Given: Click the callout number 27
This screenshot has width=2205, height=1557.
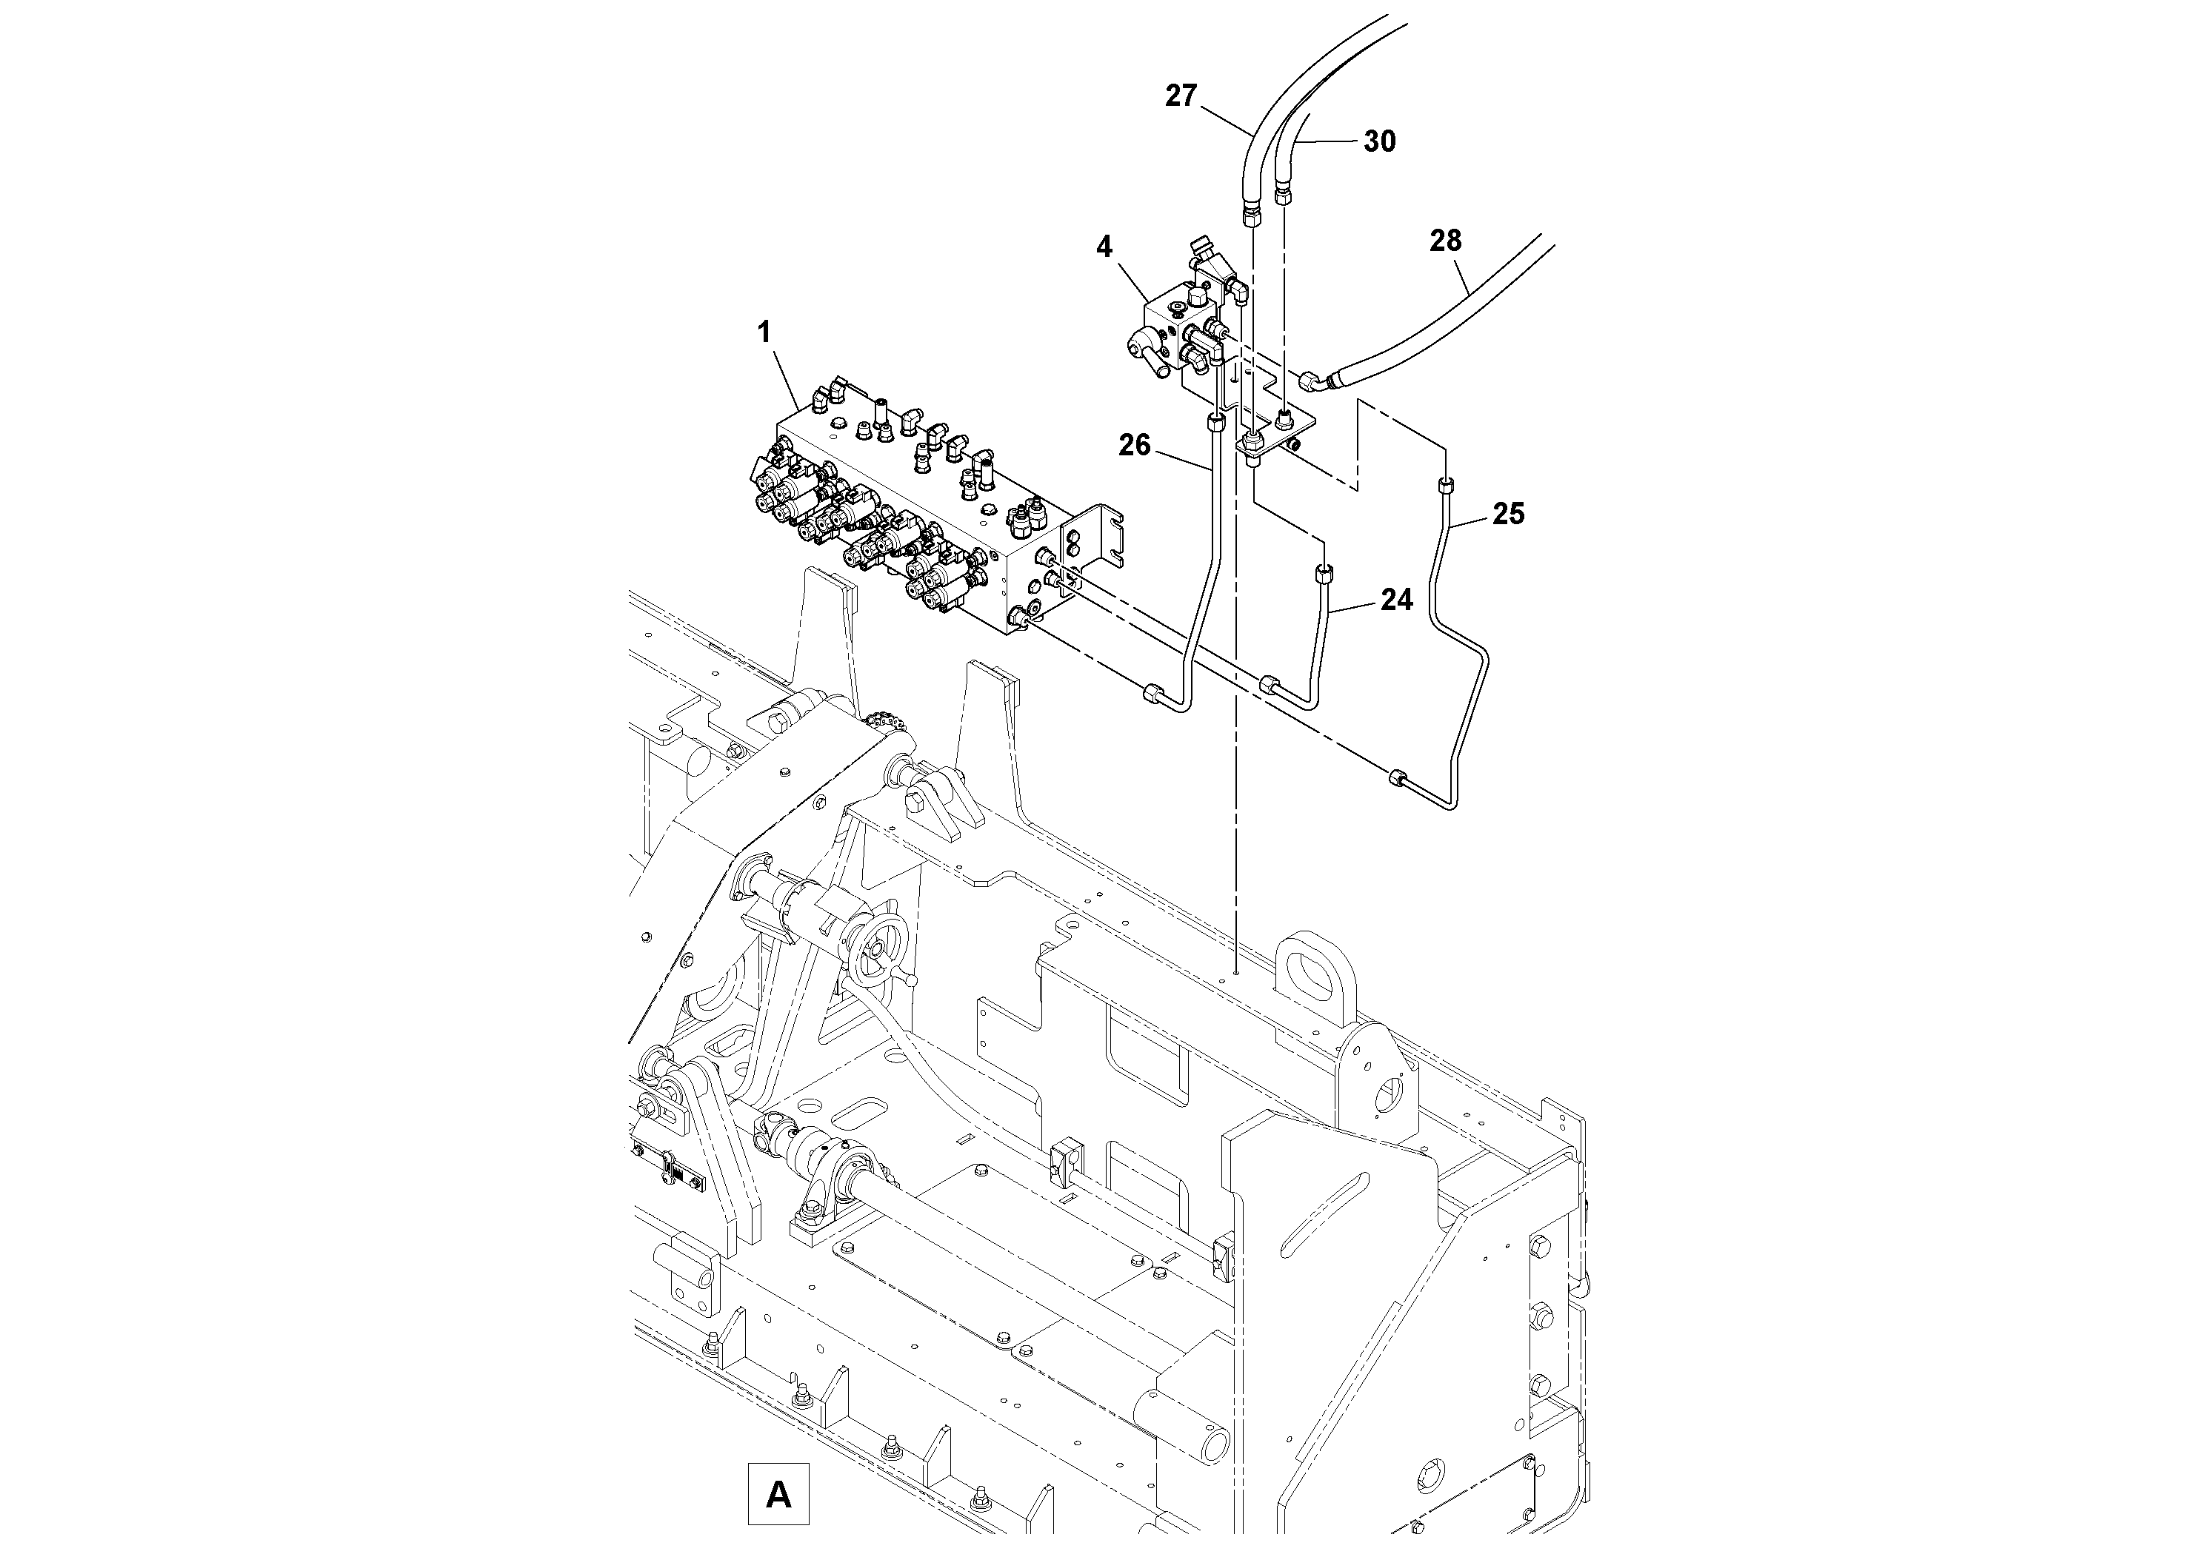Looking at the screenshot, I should click(1181, 96).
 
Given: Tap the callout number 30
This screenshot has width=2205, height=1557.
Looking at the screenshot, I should click(1379, 142).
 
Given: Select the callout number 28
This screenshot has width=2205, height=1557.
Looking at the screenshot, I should click(1444, 240).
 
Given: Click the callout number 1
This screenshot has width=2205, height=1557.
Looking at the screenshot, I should click(764, 333).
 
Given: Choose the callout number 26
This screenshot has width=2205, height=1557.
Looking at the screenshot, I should click(1134, 446).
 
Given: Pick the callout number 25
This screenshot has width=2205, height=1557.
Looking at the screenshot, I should click(1508, 515).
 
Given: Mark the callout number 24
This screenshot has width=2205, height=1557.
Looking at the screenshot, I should click(1396, 600).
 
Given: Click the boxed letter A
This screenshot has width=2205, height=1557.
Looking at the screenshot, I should click(778, 1493).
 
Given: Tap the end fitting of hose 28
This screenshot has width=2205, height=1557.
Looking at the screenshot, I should click(1311, 382).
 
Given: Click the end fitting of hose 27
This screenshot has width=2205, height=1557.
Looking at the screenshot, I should click(1250, 212).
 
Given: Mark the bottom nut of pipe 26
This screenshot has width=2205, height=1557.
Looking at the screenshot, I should click(1153, 693).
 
